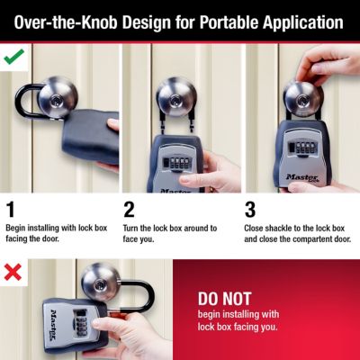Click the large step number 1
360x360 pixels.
click(x=11, y=211)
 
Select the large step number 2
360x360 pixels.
click(x=130, y=211)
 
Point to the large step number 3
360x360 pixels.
click(x=250, y=211)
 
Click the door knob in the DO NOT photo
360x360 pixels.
click(x=99, y=282)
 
